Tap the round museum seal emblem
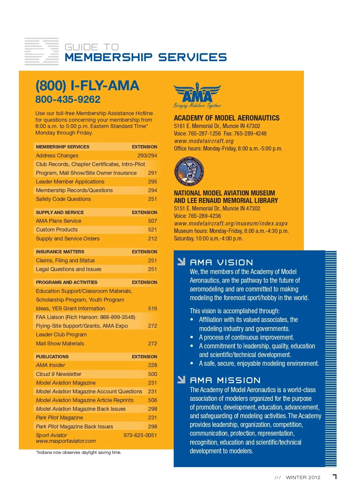pyautogui.click(x=189, y=171)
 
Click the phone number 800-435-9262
pyautogui.click(x=68, y=100)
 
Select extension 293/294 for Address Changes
pyautogui.click(x=147, y=156)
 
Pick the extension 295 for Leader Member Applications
pyautogui.click(x=152, y=182)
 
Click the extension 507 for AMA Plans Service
pyautogui.click(x=152, y=221)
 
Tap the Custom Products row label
pyautogui.click(x=57, y=230)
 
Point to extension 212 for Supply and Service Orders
pyautogui.click(x=152, y=239)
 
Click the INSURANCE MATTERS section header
pyautogui.click(x=60, y=252)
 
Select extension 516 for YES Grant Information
pyautogui.click(x=152, y=309)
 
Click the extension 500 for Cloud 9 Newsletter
pyautogui.click(x=152, y=374)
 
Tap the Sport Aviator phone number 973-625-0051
pyautogui.click(x=140, y=435)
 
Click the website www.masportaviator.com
pyautogui.click(x=66, y=441)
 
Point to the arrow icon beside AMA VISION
pyautogui.click(x=181, y=262)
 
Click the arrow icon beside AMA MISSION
pyautogui.click(x=181, y=380)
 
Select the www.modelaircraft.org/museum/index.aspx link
pyautogui.click(x=231, y=223)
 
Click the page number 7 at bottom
pyautogui.click(x=334, y=477)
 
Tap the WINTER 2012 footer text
pyautogui.click(x=303, y=478)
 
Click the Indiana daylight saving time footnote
pyautogui.click(x=79, y=452)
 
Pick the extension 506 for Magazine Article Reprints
pyautogui.click(x=152, y=400)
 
